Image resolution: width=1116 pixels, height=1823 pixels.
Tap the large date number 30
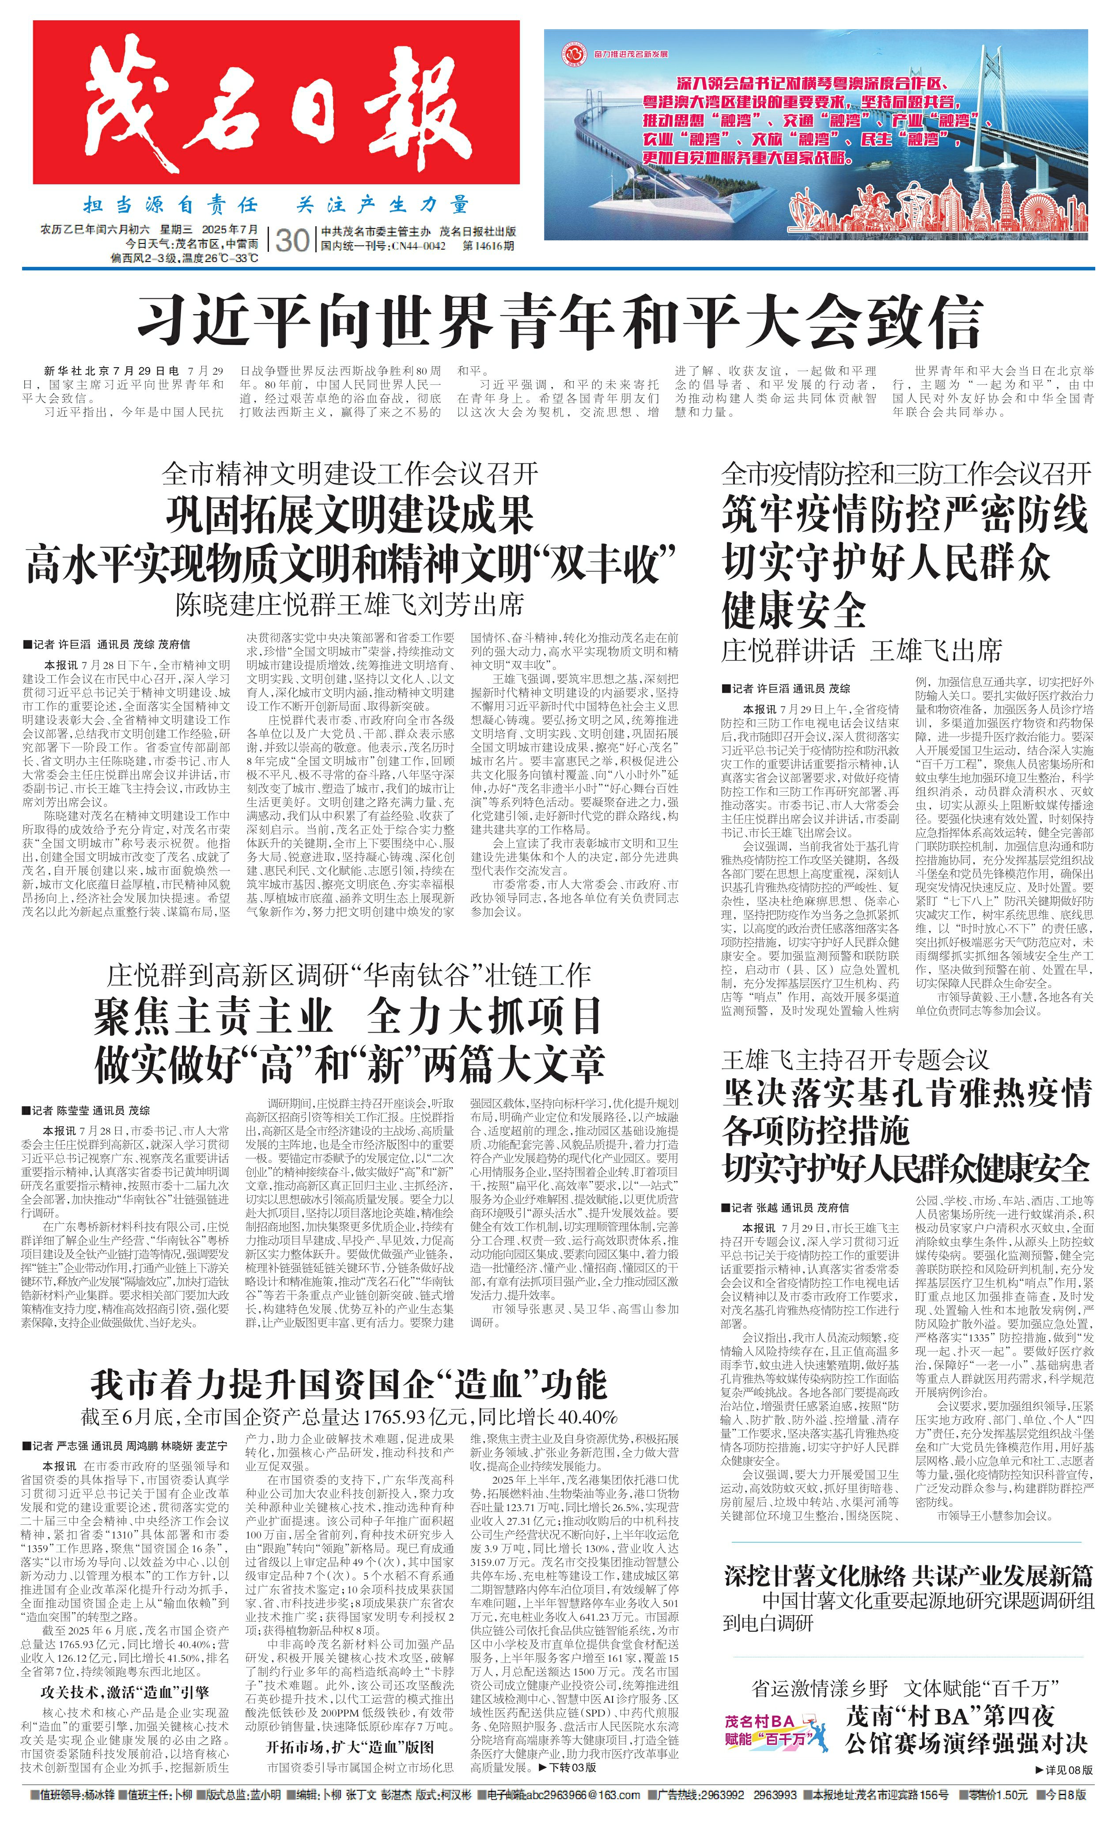291,240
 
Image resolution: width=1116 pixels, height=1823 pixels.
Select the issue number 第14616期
488,247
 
